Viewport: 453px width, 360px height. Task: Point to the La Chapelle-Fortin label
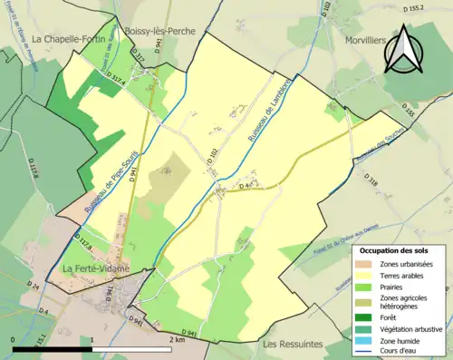click(63, 40)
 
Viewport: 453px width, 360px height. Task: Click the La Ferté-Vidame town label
click(94, 269)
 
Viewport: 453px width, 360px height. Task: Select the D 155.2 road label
click(436, 7)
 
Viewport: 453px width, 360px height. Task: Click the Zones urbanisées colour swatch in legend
click(368, 263)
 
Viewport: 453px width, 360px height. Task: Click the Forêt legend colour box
click(368, 318)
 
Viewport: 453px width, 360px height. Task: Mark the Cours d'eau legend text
click(406, 355)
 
